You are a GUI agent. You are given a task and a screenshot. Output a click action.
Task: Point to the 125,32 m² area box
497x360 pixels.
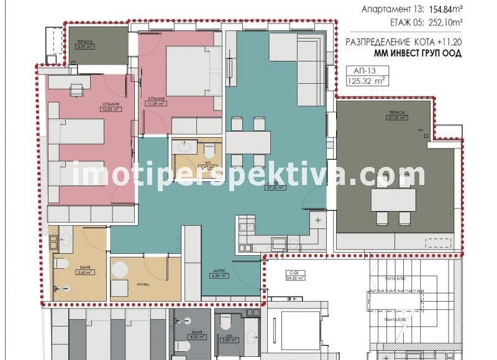[x=366, y=80]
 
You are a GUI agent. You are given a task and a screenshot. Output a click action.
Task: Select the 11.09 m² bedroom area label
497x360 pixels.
[x=155, y=101]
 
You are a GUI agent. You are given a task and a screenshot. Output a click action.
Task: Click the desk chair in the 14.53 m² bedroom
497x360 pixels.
[x=76, y=91]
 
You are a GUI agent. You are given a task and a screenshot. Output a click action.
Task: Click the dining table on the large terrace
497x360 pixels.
[x=393, y=200]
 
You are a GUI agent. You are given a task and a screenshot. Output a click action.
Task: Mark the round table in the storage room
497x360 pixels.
[x=120, y=271]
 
